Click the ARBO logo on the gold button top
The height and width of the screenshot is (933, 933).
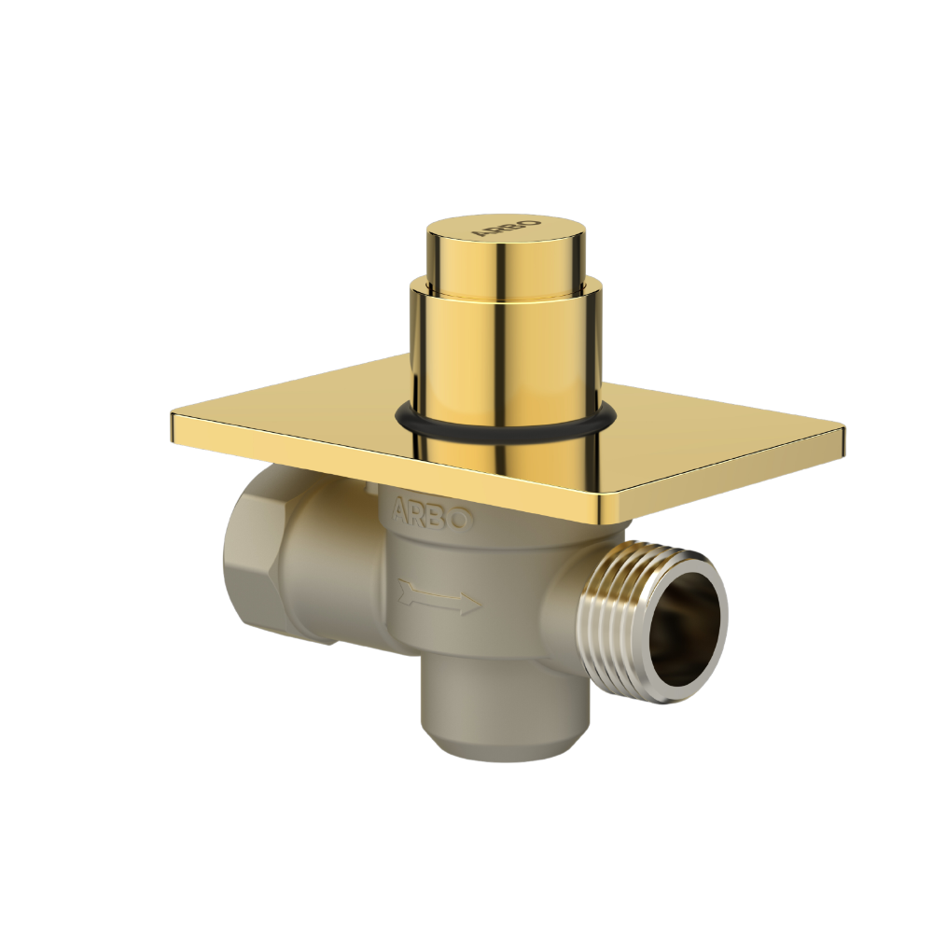(506, 229)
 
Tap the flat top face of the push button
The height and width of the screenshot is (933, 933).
(508, 233)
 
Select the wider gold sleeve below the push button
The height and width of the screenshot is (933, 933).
(504, 355)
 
